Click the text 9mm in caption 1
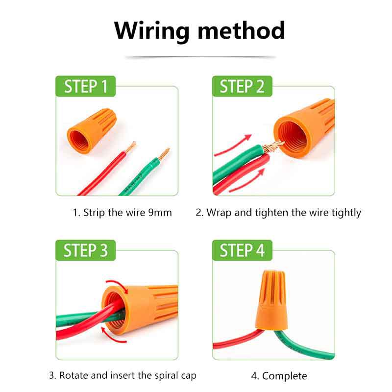coord(160,213)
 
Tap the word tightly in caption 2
coord(345,213)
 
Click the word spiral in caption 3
coord(157,376)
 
